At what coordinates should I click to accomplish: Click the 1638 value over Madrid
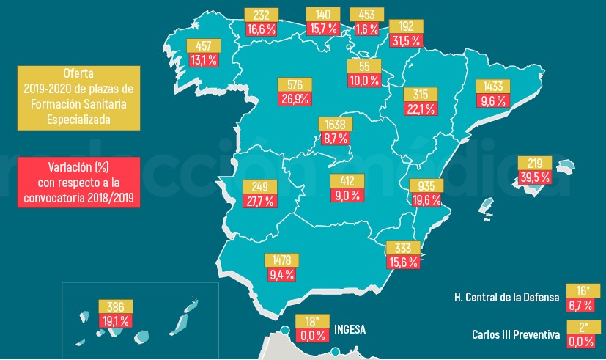333,124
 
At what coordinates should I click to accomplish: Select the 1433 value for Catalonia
491,86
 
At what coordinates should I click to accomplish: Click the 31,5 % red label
404,40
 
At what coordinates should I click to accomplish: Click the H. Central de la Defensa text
506,297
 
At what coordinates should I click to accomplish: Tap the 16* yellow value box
582,290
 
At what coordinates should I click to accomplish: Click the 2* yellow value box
582,327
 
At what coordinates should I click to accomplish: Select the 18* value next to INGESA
311,321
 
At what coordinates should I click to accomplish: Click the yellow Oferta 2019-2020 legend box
78,95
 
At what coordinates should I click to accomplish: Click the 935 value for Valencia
425,185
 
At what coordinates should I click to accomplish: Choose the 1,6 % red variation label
364,29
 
